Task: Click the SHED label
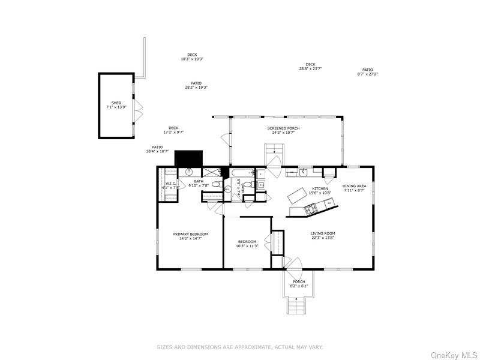click(x=116, y=103)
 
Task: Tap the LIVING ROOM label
click(x=322, y=233)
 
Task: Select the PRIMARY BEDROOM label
click(x=190, y=234)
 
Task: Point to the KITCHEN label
click(x=320, y=188)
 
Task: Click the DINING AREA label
click(x=354, y=186)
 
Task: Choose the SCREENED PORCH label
click(x=283, y=128)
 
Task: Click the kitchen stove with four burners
click(x=311, y=209)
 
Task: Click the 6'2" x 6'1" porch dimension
click(x=299, y=286)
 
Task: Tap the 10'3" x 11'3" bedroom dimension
click(x=247, y=246)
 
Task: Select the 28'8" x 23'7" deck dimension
click(x=310, y=68)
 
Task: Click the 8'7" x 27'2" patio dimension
click(x=367, y=74)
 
